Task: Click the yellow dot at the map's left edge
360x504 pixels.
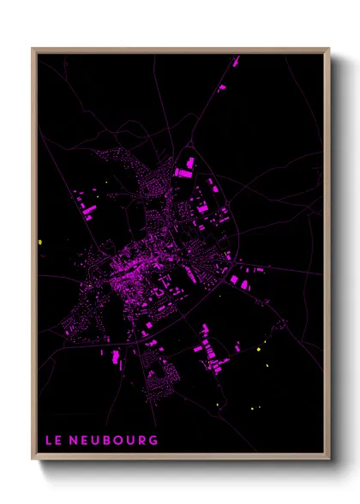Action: [x=40, y=243]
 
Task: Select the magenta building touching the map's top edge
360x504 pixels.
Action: [x=236, y=61]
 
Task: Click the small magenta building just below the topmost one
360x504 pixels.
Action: [x=222, y=87]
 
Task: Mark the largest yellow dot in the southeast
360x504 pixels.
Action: [x=258, y=349]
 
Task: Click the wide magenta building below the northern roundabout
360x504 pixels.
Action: [x=183, y=172]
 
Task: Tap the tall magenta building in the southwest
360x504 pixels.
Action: [x=115, y=356]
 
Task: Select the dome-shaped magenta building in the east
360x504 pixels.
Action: [x=245, y=284]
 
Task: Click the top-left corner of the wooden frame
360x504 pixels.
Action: [x=33, y=49]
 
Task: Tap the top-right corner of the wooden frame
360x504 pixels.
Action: [x=329, y=49]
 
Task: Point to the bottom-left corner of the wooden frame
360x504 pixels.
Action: [x=33, y=459]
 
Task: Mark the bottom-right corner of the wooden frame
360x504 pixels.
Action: [x=329, y=459]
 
